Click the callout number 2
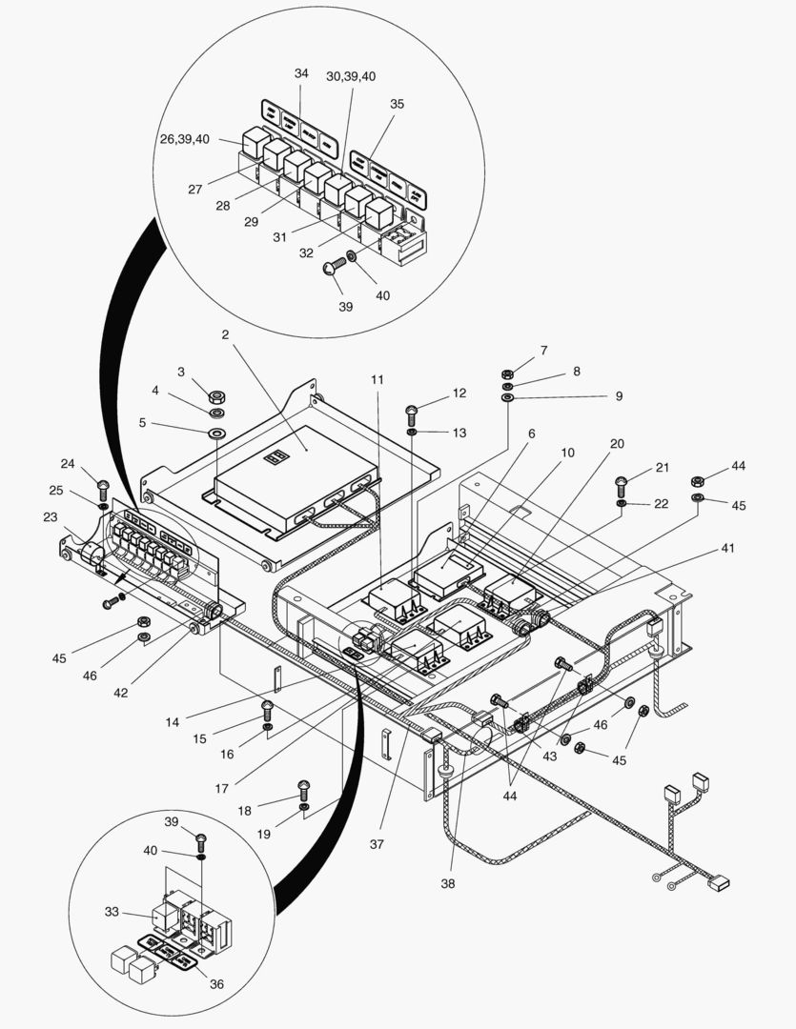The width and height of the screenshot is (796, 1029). [225, 334]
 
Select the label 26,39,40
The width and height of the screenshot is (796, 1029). [184, 139]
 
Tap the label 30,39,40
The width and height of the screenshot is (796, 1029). [350, 75]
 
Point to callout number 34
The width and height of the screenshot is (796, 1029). [301, 73]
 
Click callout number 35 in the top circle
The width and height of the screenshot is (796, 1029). [397, 104]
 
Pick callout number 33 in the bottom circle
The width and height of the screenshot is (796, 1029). [112, 912]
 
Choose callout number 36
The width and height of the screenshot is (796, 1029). [216, 984]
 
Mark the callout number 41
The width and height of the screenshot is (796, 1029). [727, 549]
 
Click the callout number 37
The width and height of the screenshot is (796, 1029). [378, 844]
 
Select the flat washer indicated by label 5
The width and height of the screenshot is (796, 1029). [217, 434]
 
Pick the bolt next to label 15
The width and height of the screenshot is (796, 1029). [269, 709]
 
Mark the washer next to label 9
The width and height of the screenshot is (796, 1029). [508, 396]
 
